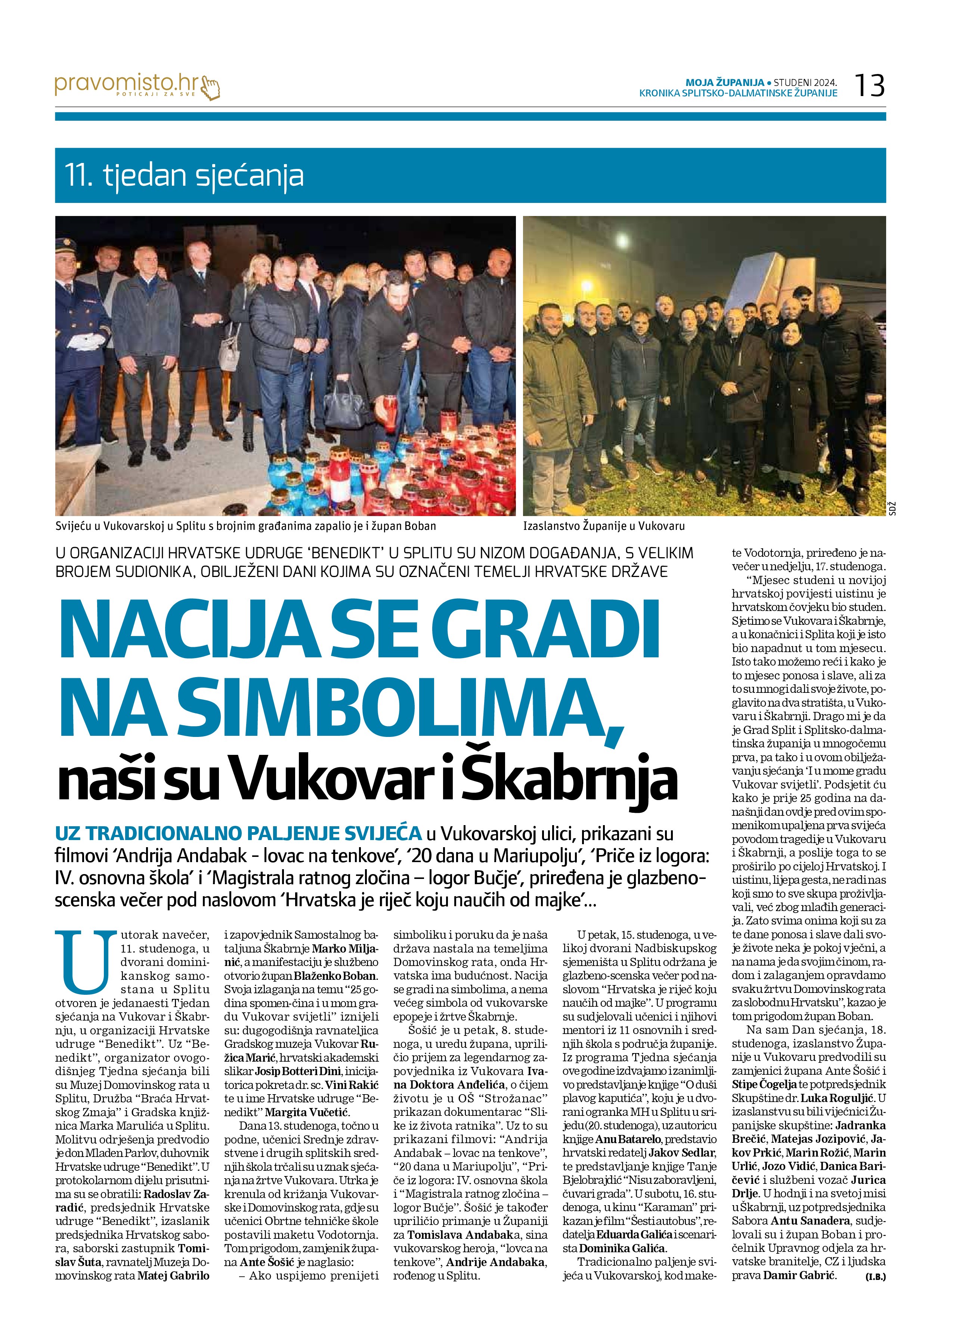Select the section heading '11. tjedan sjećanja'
[x=186, y=176]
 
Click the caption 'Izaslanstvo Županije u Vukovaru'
[x=603, y=526]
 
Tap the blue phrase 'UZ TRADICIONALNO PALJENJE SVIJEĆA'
[x=238, y=833]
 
